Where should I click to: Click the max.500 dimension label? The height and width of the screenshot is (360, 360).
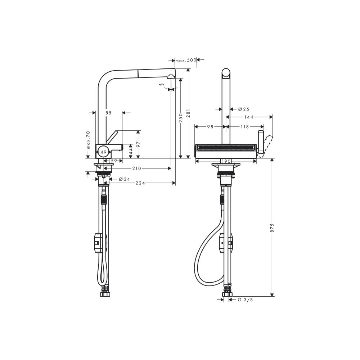click(x=186, y=60)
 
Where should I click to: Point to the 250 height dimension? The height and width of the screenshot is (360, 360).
click(x=181, y=117)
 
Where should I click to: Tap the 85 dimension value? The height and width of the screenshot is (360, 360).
click(x=108, y=113)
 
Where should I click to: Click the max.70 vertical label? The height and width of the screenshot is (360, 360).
click(x=87, y=140)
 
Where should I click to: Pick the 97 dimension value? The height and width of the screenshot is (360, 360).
click(x=138, y=144)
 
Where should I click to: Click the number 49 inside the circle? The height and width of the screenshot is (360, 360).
click(x=103, y=152)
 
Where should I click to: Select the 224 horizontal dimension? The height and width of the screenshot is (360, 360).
click(x=140, y=183)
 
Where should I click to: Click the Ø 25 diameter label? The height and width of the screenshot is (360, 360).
click(x=244, y=109)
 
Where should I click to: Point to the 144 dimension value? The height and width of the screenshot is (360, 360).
click(x=249, y=117)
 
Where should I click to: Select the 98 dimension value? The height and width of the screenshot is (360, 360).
click(x=210, y=126)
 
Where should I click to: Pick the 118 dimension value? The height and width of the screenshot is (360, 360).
click(x=245, y=126)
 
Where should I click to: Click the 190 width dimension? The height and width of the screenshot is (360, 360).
click(x=226, y=161)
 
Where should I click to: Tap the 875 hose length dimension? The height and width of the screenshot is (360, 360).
click(x=273, y=228)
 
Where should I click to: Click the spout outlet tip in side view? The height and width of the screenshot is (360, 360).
click(x=171, y=76)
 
